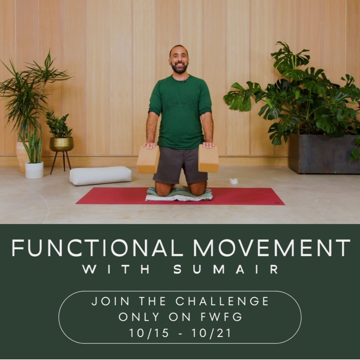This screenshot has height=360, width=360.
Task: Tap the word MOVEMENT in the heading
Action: coord(272,248)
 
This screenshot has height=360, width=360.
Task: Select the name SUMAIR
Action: coord(226,269)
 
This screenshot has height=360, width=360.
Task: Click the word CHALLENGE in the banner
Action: coord(222,301)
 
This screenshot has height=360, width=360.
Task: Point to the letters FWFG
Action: coord(222,317)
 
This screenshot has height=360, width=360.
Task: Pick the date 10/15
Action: coord(149,333)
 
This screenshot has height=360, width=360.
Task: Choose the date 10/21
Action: coord(211,333)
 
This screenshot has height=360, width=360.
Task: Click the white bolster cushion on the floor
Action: coord(100,175)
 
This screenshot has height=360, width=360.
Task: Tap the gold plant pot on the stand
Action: coord(62,144)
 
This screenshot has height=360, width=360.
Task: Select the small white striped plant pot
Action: coord(34,170)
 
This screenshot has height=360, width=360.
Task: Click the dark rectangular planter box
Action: coord(324,153)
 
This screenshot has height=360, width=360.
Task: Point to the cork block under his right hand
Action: coord(148,159)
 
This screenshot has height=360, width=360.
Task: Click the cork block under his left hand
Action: coord(208,158)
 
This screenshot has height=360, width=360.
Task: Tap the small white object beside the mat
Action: coord(234,181)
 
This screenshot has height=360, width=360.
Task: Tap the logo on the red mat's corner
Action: coord(276,203)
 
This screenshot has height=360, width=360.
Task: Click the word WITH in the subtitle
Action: coord(116,269)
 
